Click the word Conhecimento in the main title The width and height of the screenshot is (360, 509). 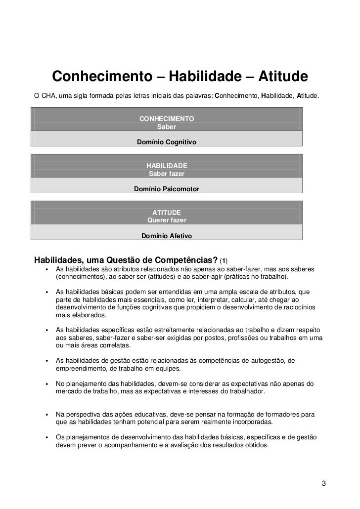[102, 77]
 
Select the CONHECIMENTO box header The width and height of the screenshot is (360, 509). [167, 119]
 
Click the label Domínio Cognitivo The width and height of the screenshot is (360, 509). [167, 142]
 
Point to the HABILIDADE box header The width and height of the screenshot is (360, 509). [167, 165]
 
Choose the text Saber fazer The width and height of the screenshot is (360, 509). [167, 173]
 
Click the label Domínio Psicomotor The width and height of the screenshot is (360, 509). [167, 189]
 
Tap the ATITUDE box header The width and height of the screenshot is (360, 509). [167, 212]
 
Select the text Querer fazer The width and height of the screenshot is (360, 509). [167, 220]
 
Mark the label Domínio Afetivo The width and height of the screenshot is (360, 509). [167, 236]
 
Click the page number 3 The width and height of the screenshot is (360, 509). [323, 483]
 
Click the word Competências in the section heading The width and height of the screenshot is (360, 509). [186, 260]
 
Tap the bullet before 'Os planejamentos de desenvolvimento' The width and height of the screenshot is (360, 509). [46, 437]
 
